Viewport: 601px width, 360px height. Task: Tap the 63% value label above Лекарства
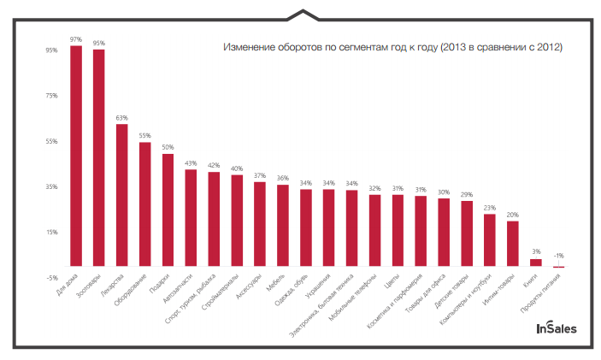point(121,117)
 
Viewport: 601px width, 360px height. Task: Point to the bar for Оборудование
point(144,204)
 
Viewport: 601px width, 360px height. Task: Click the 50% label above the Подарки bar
point(168,147)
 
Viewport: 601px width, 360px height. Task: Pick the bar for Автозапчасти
point(191,218)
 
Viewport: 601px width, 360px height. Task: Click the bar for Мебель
point(283,226)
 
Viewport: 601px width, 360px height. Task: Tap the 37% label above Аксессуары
point(260,175)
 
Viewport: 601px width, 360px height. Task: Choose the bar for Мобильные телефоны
point(374,231)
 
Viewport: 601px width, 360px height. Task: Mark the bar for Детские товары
point(467,233)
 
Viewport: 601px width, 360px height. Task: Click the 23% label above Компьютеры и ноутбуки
point(490,207)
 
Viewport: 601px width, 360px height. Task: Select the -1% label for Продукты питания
point(559,256)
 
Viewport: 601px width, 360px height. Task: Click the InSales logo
point(556,328)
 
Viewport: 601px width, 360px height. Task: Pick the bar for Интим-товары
point(513,244)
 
